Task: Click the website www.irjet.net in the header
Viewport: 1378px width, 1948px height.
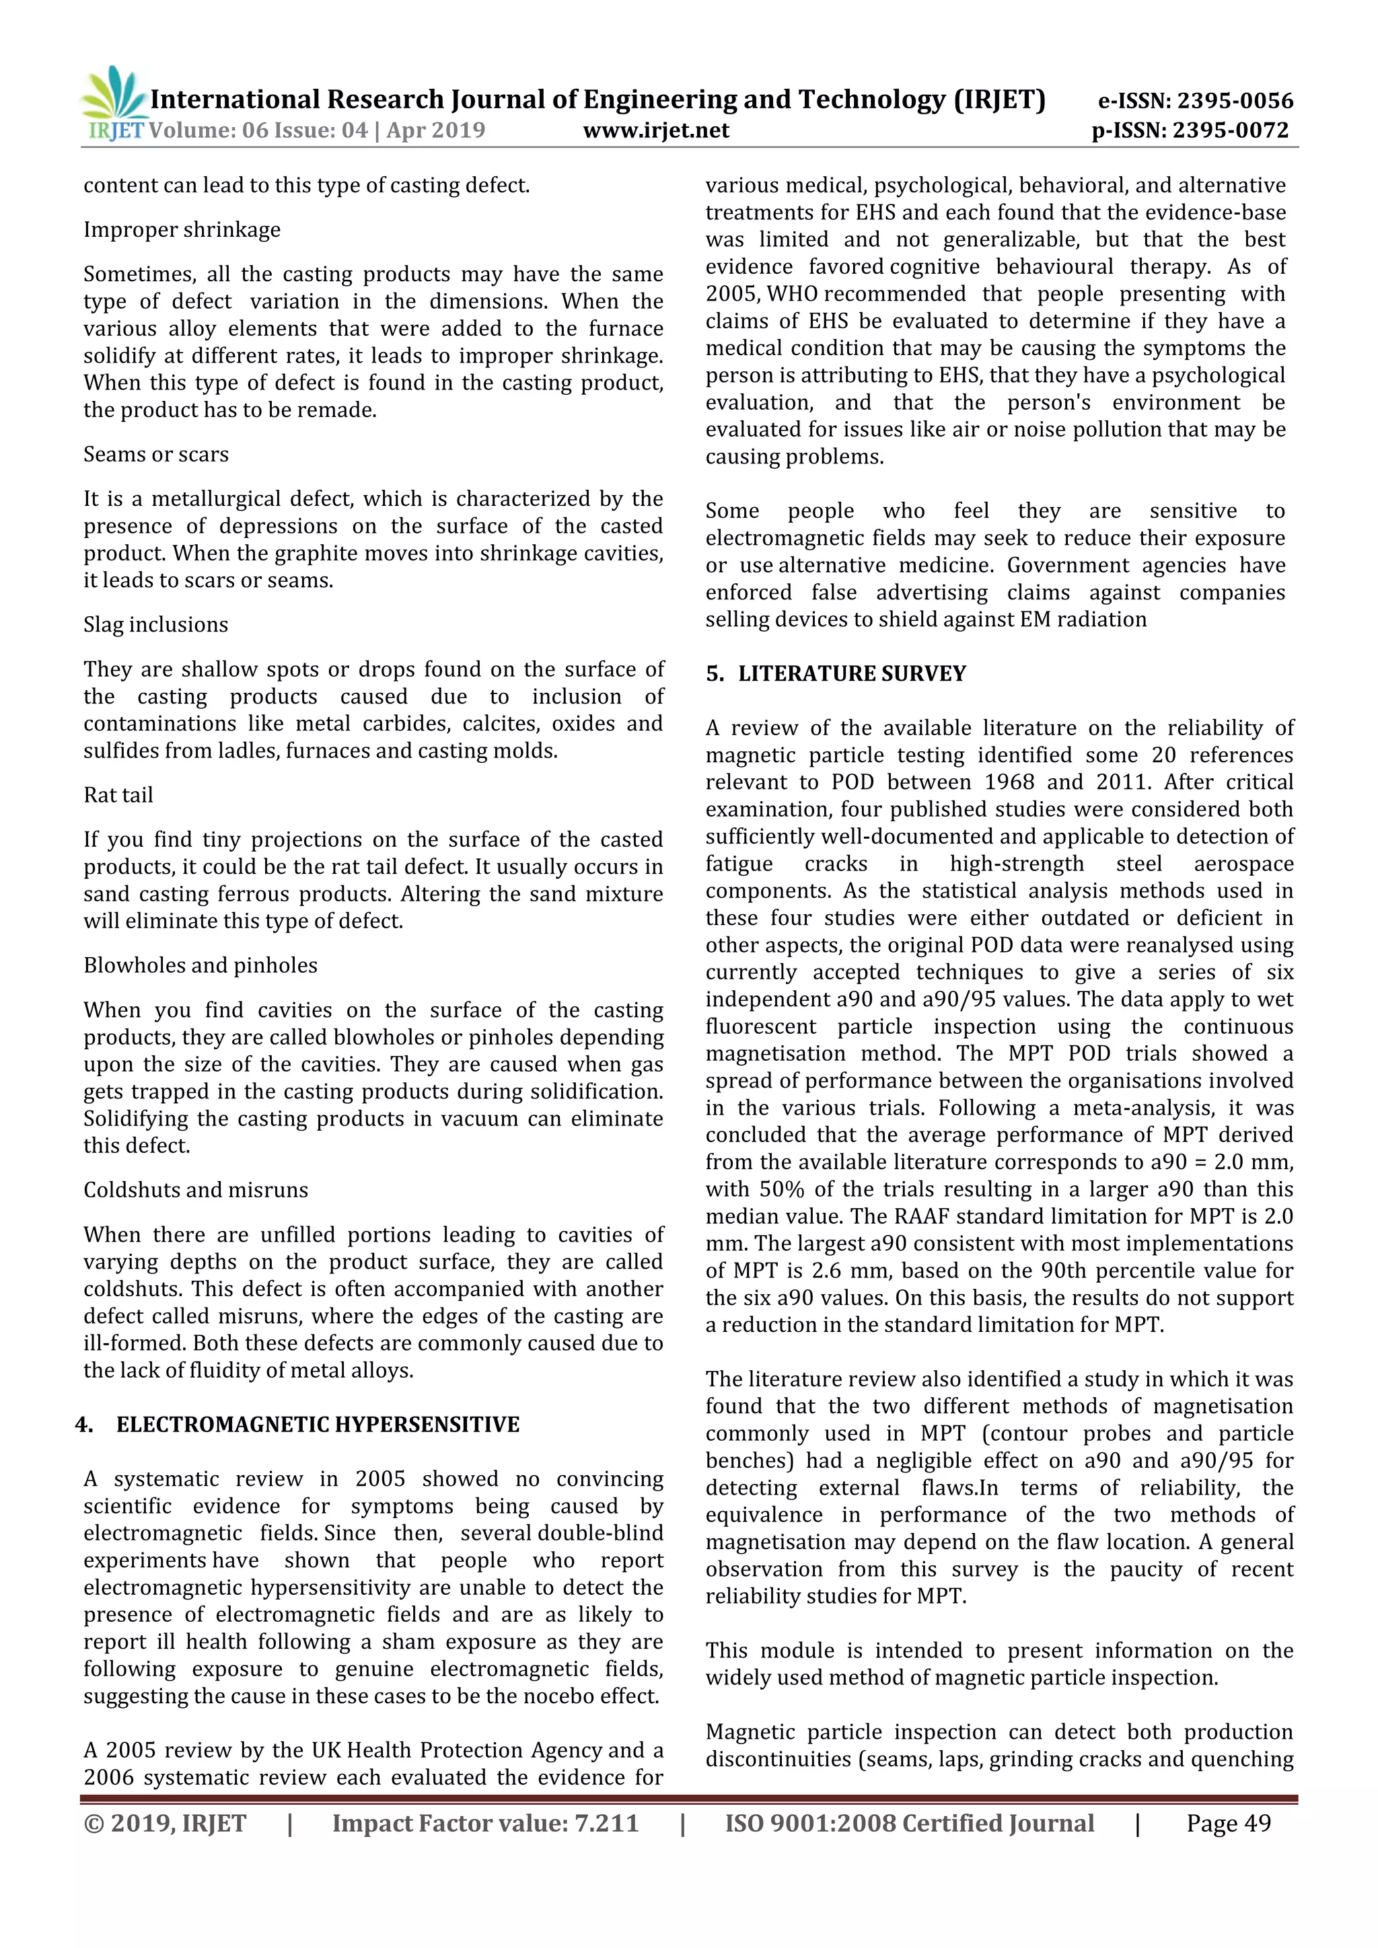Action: pyautogui.click(x=656, y=130)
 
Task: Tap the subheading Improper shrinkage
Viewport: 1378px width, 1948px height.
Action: pyautogui.click(x=182, y=230)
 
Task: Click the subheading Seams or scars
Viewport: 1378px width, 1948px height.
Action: pyautogui.click(x=156, y=454)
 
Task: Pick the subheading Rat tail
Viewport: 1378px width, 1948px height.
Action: pyautogui.click(x=118, y=795)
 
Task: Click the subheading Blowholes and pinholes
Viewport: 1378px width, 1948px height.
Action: pyautogui.click(x=201, y=965)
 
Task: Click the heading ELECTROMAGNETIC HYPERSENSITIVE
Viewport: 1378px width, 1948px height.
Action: pyautogui.click(x=318, y=1425)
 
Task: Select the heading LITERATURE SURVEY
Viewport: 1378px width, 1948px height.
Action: pyautogui.click(x=851, y=673)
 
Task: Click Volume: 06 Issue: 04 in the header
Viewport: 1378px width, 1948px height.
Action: pyautogui.click(x=258, y=130)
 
